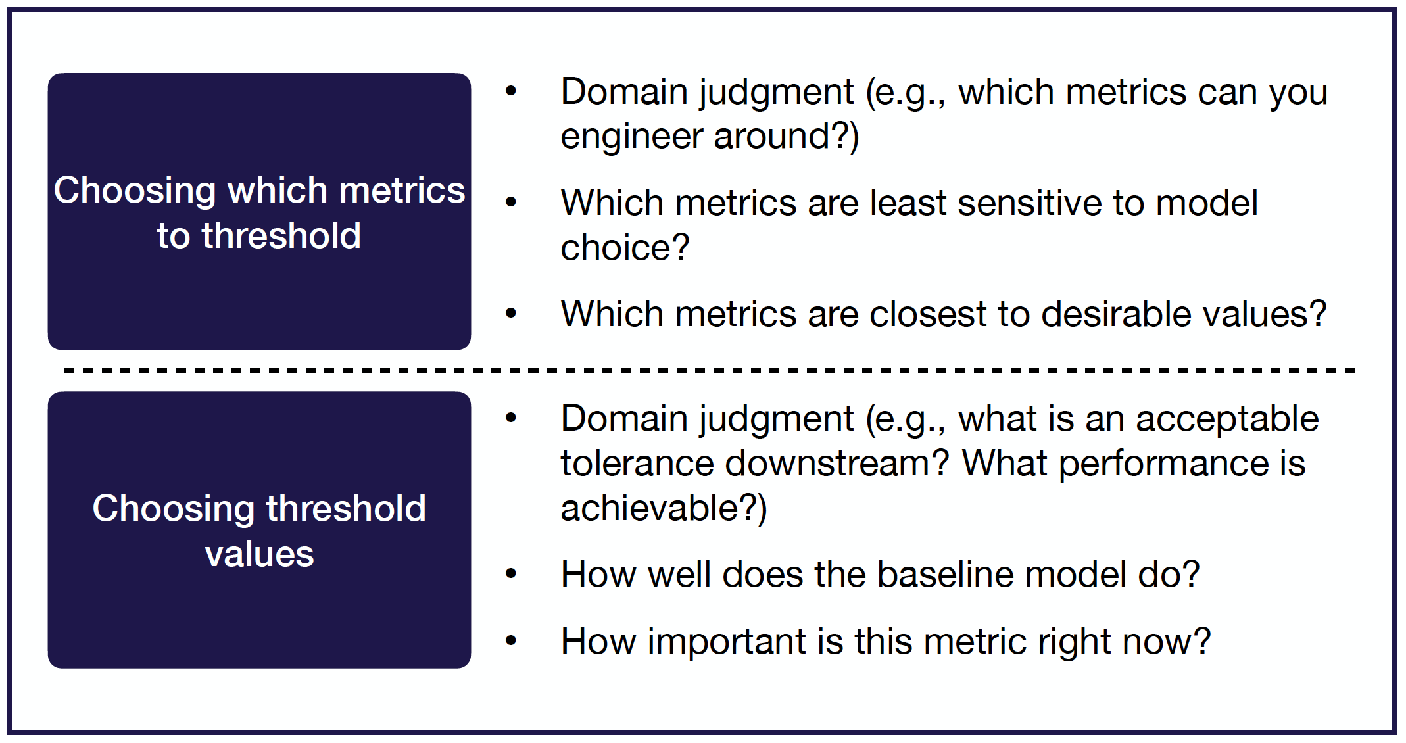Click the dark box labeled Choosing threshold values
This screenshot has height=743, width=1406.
click(x=259, y=530)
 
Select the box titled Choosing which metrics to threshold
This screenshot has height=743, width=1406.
click(x=259, y=211)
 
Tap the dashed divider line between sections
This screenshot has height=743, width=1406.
click(x=709, y=371)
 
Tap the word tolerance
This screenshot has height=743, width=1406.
click(x=637, y=464)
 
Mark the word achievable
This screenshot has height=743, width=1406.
click(x=664, y=508)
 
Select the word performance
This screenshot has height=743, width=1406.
click(x=1163, y=464)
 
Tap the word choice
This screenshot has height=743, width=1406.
click(x=625, y=248)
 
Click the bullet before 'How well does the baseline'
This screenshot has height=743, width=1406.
click(x=511, y=575)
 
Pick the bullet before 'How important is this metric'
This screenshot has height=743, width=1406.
click(x=511, y=641)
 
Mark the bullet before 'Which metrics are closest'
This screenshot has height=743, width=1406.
click(x=511, y=314)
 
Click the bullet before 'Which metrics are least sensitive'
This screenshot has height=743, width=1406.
click(x=511, y=203)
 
